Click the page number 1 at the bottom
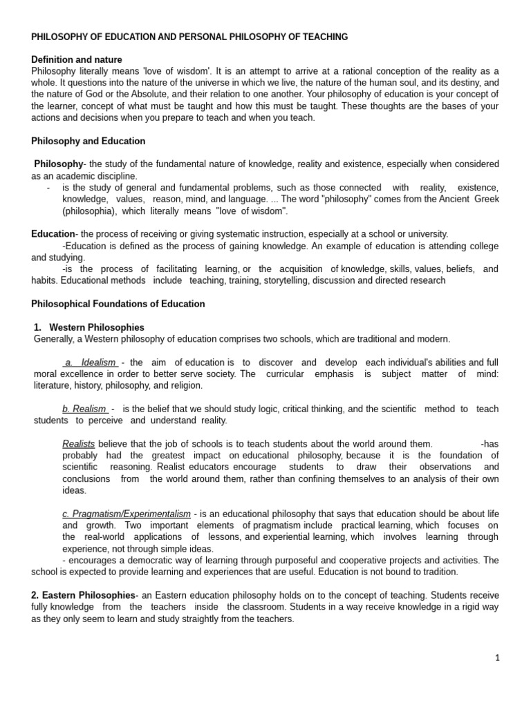pos(496,657)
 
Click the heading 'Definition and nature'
pos(77,60)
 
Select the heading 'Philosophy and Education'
pos(88,141)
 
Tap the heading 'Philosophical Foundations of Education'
pos(118,304)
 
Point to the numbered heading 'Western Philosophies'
pos(97,327)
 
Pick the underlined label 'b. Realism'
pos(84,409)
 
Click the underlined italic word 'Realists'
pos(78,444)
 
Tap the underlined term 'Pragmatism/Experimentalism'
pos(127,514)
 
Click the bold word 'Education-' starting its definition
pos(54,234)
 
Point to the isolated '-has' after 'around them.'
pos(490,444)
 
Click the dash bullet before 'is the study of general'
pos(48,188)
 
